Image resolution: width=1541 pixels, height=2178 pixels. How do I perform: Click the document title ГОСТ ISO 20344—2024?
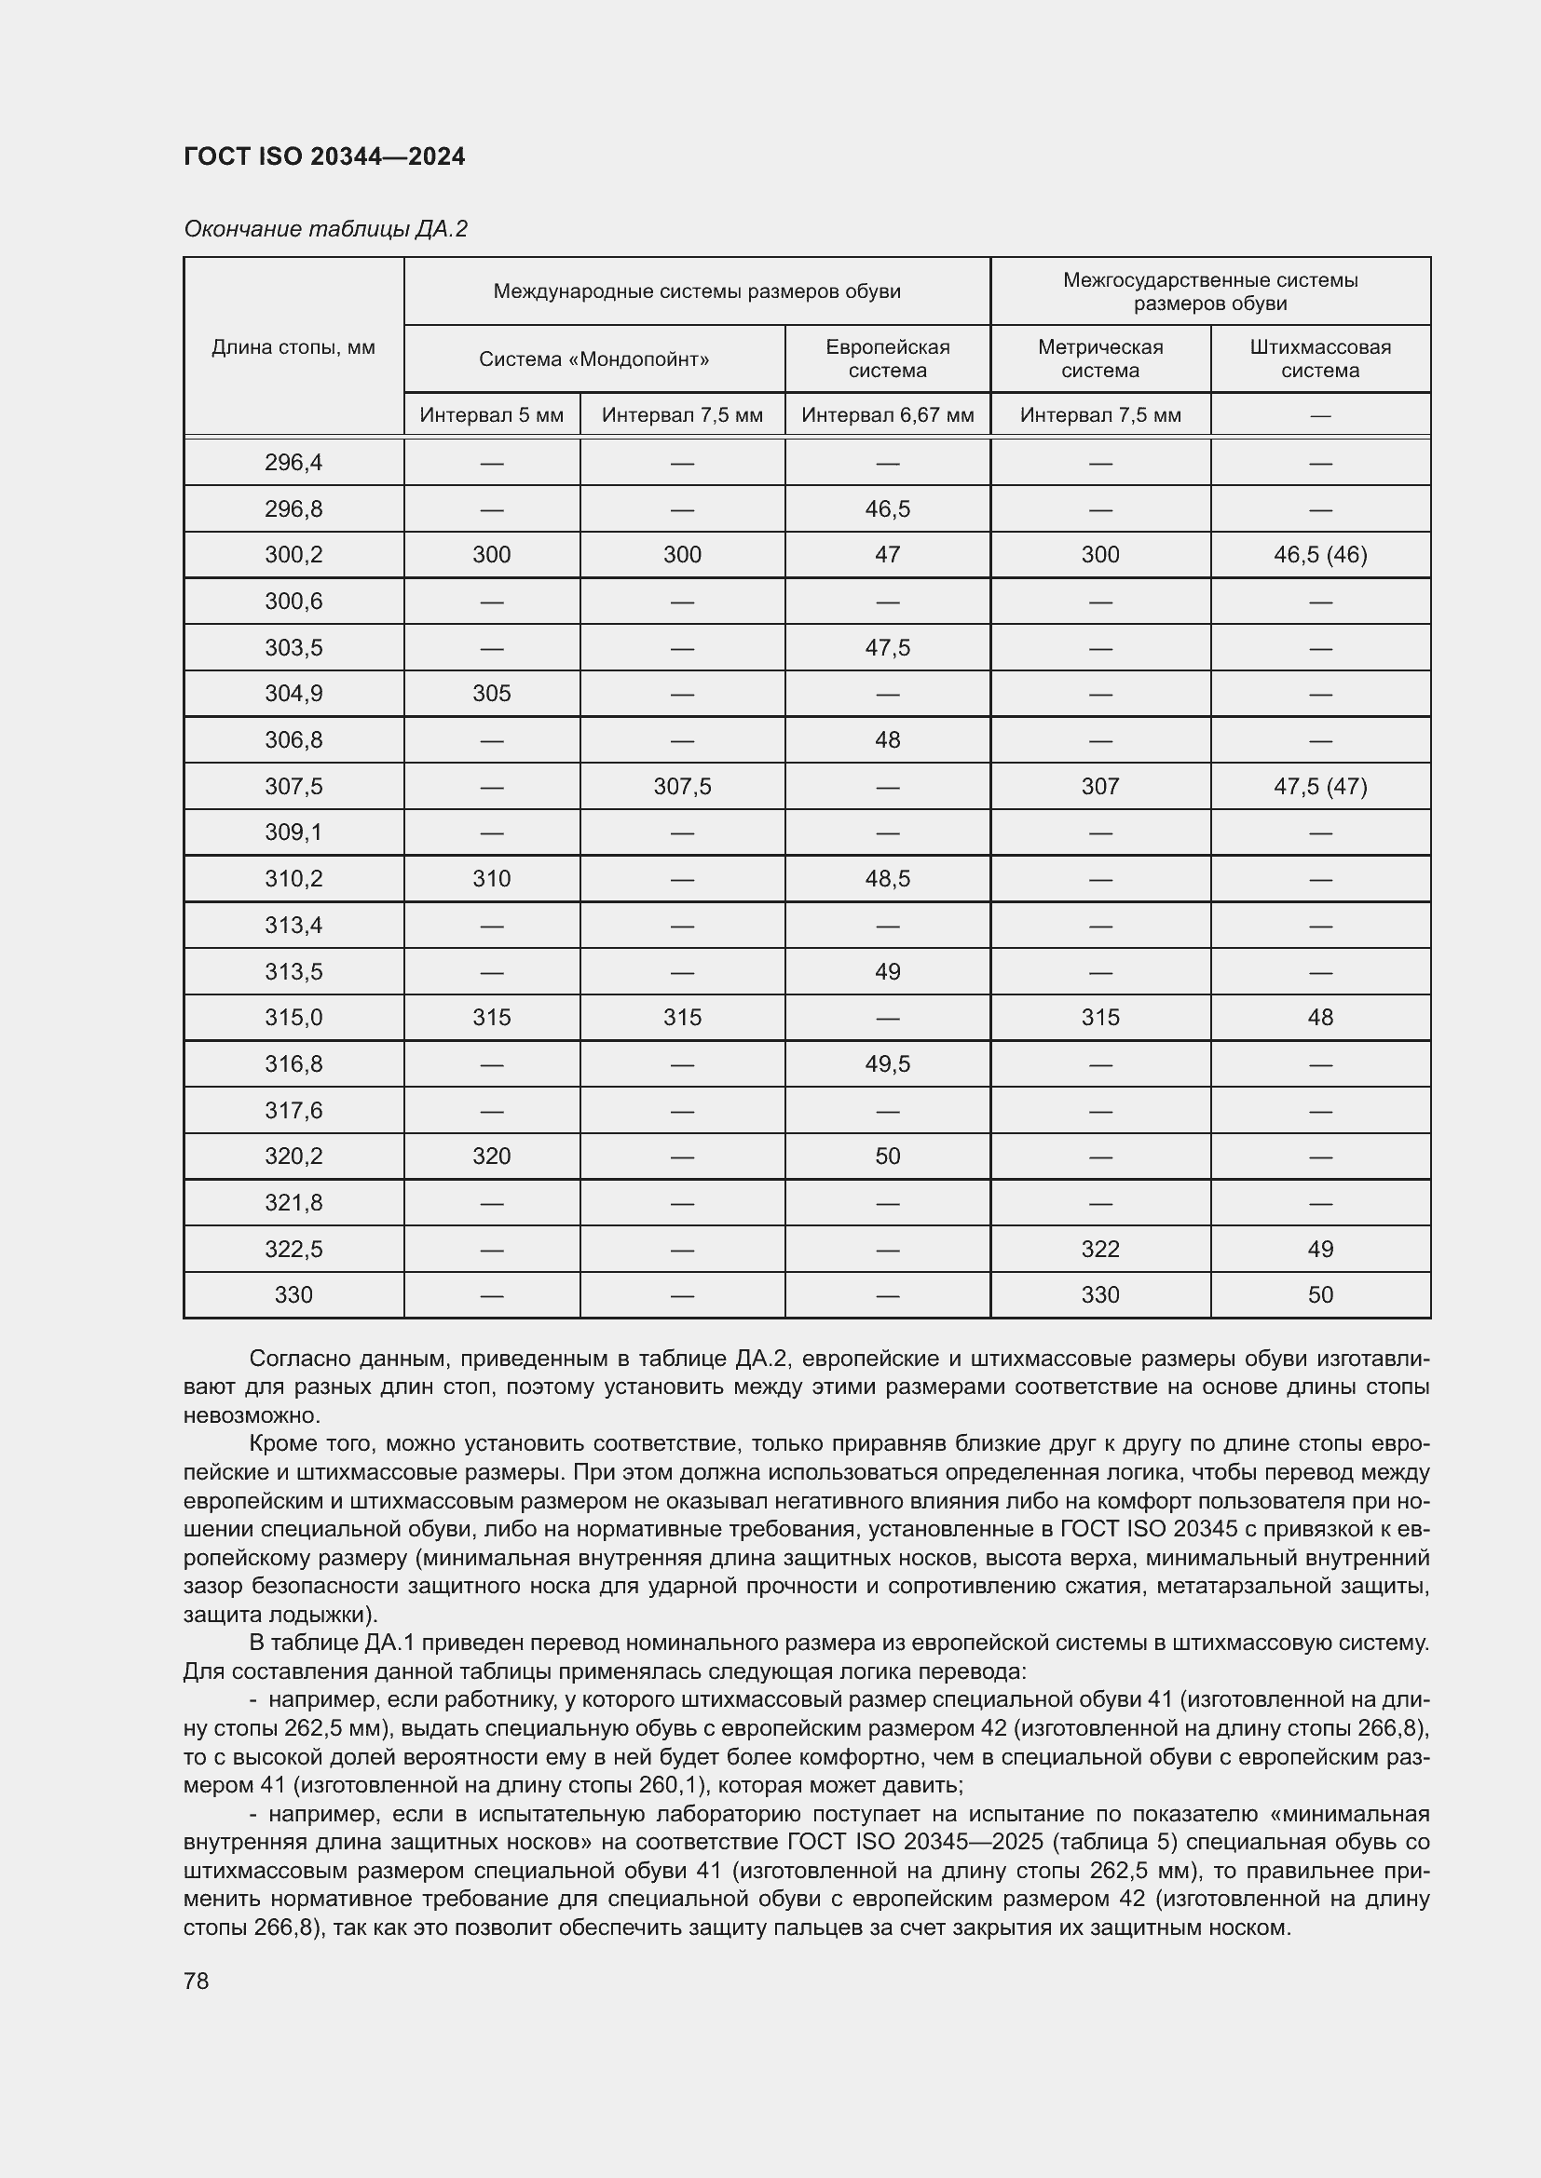323,156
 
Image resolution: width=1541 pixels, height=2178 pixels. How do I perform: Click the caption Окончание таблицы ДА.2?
325,229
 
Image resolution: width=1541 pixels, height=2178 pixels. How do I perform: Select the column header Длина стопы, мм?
293,347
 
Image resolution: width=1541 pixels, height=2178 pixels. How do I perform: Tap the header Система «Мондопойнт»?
594,359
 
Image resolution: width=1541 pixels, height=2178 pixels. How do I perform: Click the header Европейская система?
887,358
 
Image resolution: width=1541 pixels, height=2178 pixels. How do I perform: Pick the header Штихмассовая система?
1320,358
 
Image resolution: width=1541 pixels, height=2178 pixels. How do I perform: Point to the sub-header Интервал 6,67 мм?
887,414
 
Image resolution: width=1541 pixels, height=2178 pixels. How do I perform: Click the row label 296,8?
293,509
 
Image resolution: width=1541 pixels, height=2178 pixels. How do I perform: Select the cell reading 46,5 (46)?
1320,555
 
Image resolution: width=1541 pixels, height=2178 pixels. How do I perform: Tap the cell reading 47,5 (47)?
1320,787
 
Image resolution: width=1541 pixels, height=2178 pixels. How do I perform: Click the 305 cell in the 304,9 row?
492,694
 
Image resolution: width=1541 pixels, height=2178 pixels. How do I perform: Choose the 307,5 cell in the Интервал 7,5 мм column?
682,787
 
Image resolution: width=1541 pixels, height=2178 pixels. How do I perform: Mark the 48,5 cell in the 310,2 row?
887,878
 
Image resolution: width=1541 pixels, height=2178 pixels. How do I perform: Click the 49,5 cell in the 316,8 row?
887,1063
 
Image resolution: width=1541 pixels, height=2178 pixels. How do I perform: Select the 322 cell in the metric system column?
1099,1250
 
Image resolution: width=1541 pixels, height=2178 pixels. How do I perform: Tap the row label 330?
293,1295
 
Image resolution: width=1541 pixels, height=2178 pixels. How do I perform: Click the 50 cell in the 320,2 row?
887,1157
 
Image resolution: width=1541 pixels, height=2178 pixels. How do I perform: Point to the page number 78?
197,1981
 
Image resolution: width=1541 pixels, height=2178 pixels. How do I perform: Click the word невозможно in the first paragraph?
251,1415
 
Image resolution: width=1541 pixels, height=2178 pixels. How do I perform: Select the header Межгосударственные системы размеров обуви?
1210,291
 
